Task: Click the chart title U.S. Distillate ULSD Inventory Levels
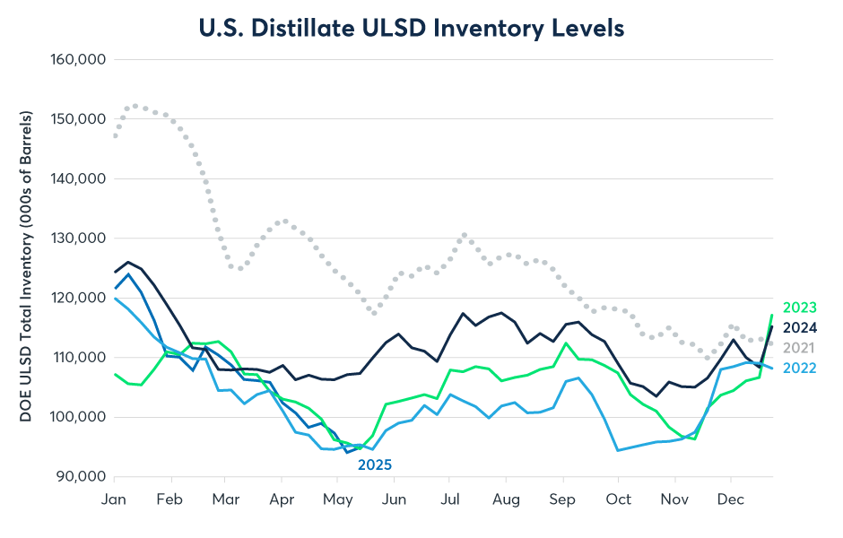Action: tap(412, 28)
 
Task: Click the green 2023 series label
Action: tap(800, 308)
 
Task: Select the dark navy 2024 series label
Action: tap(800, 327)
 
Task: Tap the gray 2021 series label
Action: tap(800, 347)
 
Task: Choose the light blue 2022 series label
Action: tap(800, 367)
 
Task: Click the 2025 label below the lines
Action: tap(375, 464)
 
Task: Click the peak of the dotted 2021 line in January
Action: tap(135, 106)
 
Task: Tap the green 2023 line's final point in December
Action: tap(772, 316)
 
